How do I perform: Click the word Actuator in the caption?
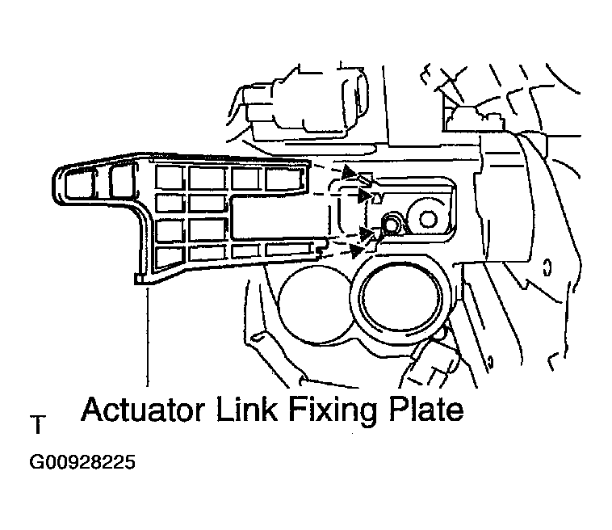pyautogui.click(x=143, y=410)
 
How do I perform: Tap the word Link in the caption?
pyautogui.click(x=247, y=409)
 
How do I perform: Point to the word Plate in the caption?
pyautogui.click(x=426, y=410)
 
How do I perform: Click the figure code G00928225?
pyautogui.click(x=82, y=462)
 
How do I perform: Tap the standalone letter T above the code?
pyautogui.click(x=38, y=425)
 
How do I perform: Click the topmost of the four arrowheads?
pyautogui.click(x=350, y=171)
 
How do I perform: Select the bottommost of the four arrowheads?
pyautogui.click(x=356, y=251)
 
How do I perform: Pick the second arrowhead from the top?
pyautogui.click(x=364, y=196)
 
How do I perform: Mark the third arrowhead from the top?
pyautogui.click(x=367, y=233)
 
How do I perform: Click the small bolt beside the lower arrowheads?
pyautogui.click(x=391, y=223)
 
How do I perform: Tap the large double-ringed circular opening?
pyautogui.click(x=401, y=299)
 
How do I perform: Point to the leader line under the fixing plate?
pyautogui.click(x=148, y=337)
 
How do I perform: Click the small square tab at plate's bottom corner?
pyautogui.click(x=139, y=279)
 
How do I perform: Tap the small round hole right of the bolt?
pyautogui.click(x=428, y=219)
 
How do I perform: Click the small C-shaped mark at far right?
pyautogui.click(x=547, y=267)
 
